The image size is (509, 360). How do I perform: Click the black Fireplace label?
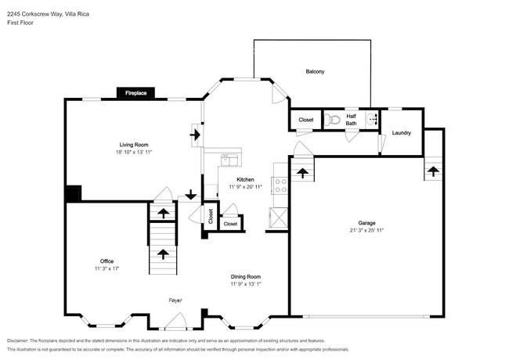[136, 93]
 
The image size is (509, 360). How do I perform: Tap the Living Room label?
[134, 145]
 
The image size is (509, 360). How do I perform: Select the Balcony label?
[315, 72]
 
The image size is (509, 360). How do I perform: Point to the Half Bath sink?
[373, 120]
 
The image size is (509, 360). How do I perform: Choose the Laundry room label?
[402, 133]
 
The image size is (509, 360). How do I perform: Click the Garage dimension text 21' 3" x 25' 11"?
[366, 231]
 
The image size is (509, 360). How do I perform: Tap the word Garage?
[366, 223]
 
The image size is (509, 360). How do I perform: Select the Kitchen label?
[245, 179]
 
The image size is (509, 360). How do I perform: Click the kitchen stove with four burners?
[279, 185]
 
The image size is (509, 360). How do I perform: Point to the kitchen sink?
[229, 158]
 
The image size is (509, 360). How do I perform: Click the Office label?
[106, 261]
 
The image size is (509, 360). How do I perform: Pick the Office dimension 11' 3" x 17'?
[106, 268]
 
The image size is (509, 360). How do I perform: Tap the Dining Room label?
[245, 276]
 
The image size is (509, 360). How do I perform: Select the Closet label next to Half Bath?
[306, 121]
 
